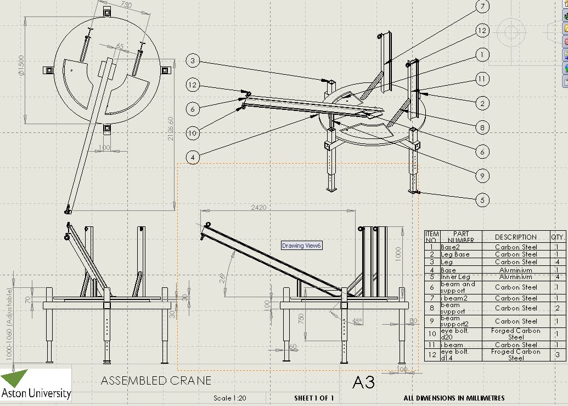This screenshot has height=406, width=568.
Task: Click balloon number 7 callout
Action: [x=482, y=7]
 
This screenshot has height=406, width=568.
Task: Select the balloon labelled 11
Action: [x=482, y=80]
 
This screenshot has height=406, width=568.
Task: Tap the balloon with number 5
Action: [x=482, y=199]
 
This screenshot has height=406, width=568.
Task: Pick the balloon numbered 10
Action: [x=193, y=132]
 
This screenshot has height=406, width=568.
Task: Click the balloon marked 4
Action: [x=193, y=157]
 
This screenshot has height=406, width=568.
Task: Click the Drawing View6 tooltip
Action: [x=301, y=246]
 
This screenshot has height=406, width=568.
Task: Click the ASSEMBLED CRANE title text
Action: [x=156, y=381]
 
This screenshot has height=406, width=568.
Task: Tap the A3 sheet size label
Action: [x=363, y=382]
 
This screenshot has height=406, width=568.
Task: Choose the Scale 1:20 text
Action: [x=230, y=398]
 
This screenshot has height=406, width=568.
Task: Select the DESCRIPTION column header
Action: [x=515, y=237]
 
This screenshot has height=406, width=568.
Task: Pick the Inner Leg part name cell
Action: [x=455, y=277]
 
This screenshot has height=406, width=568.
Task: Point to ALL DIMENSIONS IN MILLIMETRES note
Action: [x=454, y=398]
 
